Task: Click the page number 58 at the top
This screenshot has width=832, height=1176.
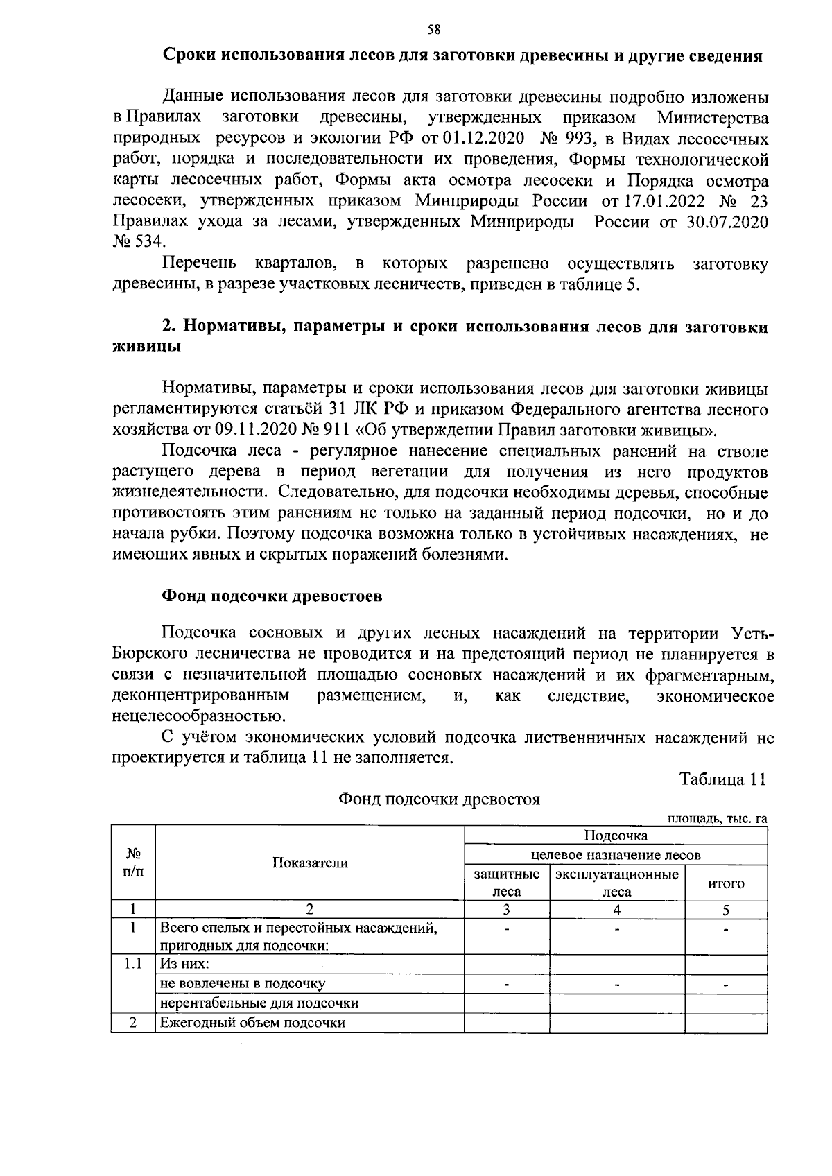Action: tap(433, 29)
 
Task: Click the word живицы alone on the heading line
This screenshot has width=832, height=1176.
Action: tap(147, 347)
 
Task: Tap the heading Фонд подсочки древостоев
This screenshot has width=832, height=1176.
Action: tap(272, 597)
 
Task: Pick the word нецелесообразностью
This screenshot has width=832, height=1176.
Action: tap(198, 716)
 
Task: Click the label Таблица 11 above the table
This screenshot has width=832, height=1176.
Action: tap(723, 779)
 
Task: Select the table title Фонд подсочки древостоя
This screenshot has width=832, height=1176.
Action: tap(439, 799)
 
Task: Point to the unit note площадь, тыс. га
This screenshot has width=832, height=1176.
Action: tap(717, 819)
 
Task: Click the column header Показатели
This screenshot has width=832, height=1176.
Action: tap(310, 863)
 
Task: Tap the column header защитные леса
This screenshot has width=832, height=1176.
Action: tap(507, 883)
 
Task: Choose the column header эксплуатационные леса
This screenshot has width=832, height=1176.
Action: tap(617, 883)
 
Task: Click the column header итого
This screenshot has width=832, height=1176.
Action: tap(726, 884)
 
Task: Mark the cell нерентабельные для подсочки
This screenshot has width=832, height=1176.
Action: tap(259, 1003)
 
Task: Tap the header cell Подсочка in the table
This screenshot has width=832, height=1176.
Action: tap(616, 836)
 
